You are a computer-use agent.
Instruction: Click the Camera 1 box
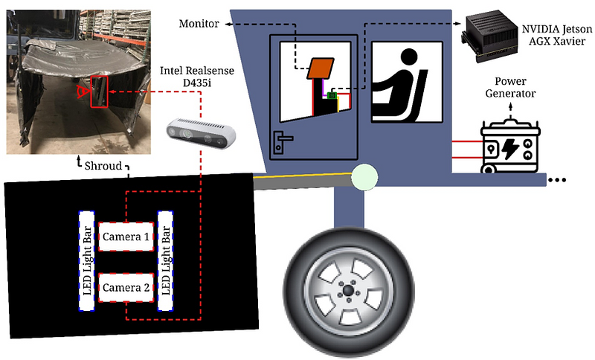[x=126, y=237]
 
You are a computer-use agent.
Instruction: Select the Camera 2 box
[x=126, y=288]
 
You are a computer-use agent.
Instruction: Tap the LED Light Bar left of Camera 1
[x=86, y=261]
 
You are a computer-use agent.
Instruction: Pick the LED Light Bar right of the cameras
[x=165, y=261]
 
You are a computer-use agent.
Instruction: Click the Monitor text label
[x=199, y=24]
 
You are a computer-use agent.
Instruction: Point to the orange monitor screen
[x=321, y=68]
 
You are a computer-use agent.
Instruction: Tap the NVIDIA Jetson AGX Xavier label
[x=556, y=35]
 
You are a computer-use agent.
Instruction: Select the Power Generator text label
[x=510, y=87]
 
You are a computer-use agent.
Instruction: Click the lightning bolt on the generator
[x=510, y=148]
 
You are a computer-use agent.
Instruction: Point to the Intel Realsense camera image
[x=201, y=133]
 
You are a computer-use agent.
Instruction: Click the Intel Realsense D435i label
[x=197, y=77]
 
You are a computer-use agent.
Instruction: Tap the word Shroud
[x=103, y=166]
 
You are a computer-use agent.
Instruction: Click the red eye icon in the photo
[x=82, y=91]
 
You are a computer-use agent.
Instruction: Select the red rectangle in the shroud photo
[x=100, y=91]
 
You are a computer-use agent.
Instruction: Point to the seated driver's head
[x=408, y=58]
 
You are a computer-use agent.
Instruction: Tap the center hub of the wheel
[x=348, y=291]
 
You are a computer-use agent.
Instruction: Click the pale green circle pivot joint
[x=364, y=177]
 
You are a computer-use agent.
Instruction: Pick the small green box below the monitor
[x=332, y=96]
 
